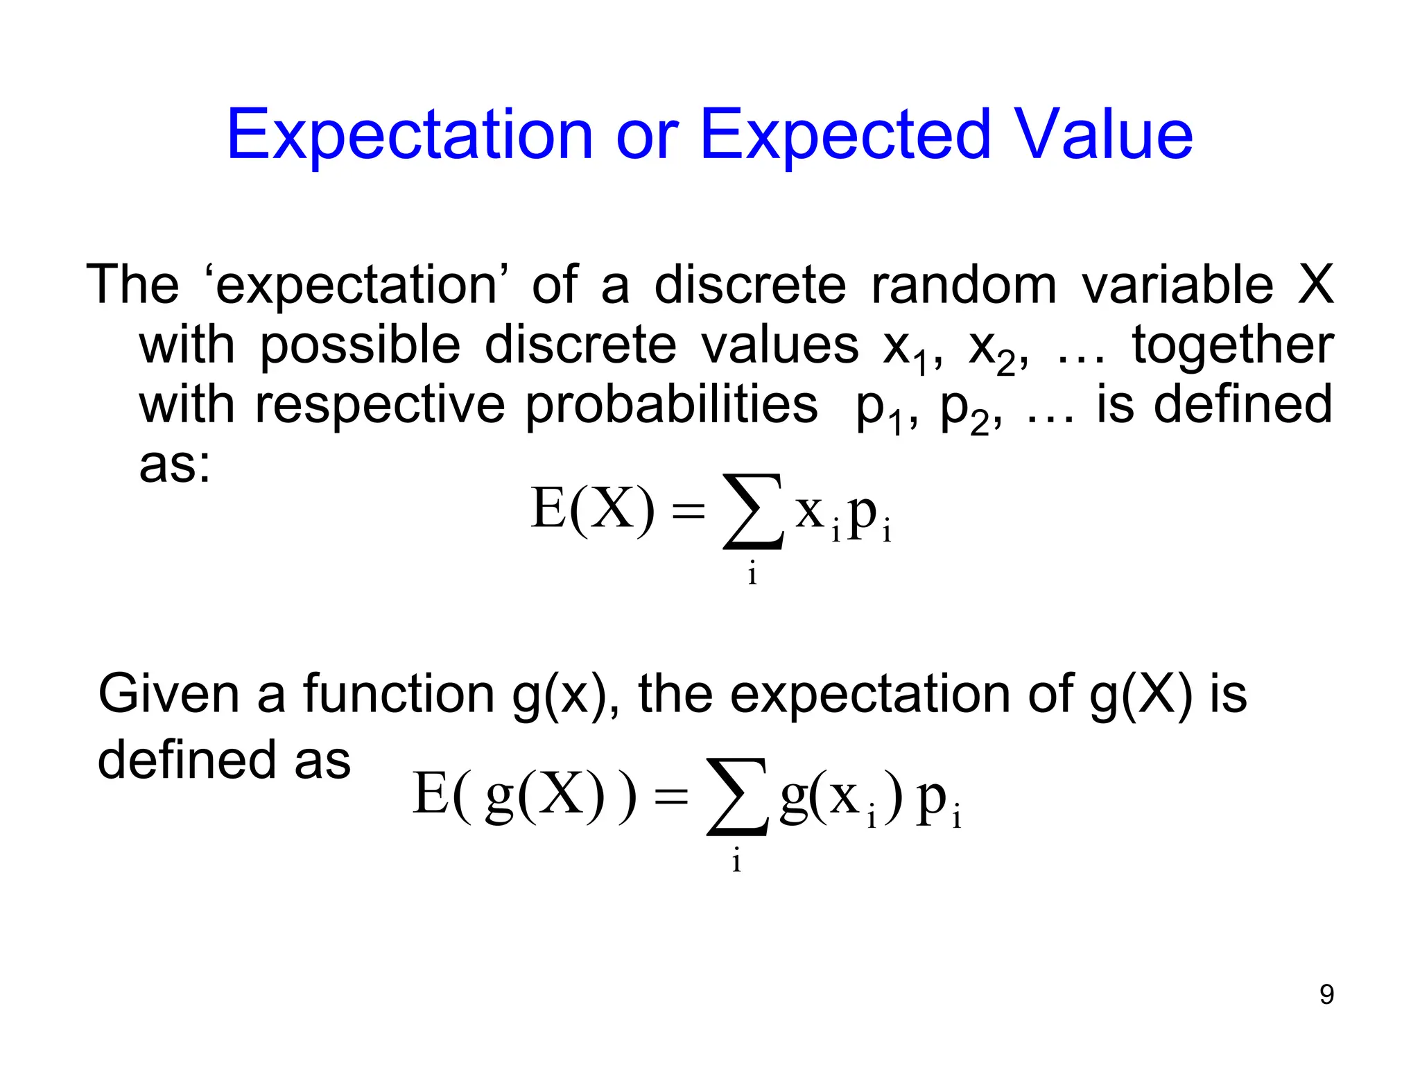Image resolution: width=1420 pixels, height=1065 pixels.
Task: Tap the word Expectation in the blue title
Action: (410, 136)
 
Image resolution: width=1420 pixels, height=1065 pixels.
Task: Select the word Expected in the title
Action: (845, 136)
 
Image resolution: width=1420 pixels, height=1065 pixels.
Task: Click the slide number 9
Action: (1326, 994)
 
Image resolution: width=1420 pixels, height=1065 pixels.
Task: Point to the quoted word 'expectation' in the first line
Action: (357, 286)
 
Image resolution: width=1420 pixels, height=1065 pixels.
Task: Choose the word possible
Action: (360, 346)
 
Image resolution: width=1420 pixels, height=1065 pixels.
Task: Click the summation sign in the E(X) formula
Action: (754, 511)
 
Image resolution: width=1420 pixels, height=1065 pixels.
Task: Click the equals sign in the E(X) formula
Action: (689, 512)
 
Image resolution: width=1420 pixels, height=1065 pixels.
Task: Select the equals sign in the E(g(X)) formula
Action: (671, 797)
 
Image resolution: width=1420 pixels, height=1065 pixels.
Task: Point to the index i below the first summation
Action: (752, 574)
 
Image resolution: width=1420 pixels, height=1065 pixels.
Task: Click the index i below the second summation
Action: (736, 861)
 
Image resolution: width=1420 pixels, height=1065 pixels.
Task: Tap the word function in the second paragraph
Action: (399, 693)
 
